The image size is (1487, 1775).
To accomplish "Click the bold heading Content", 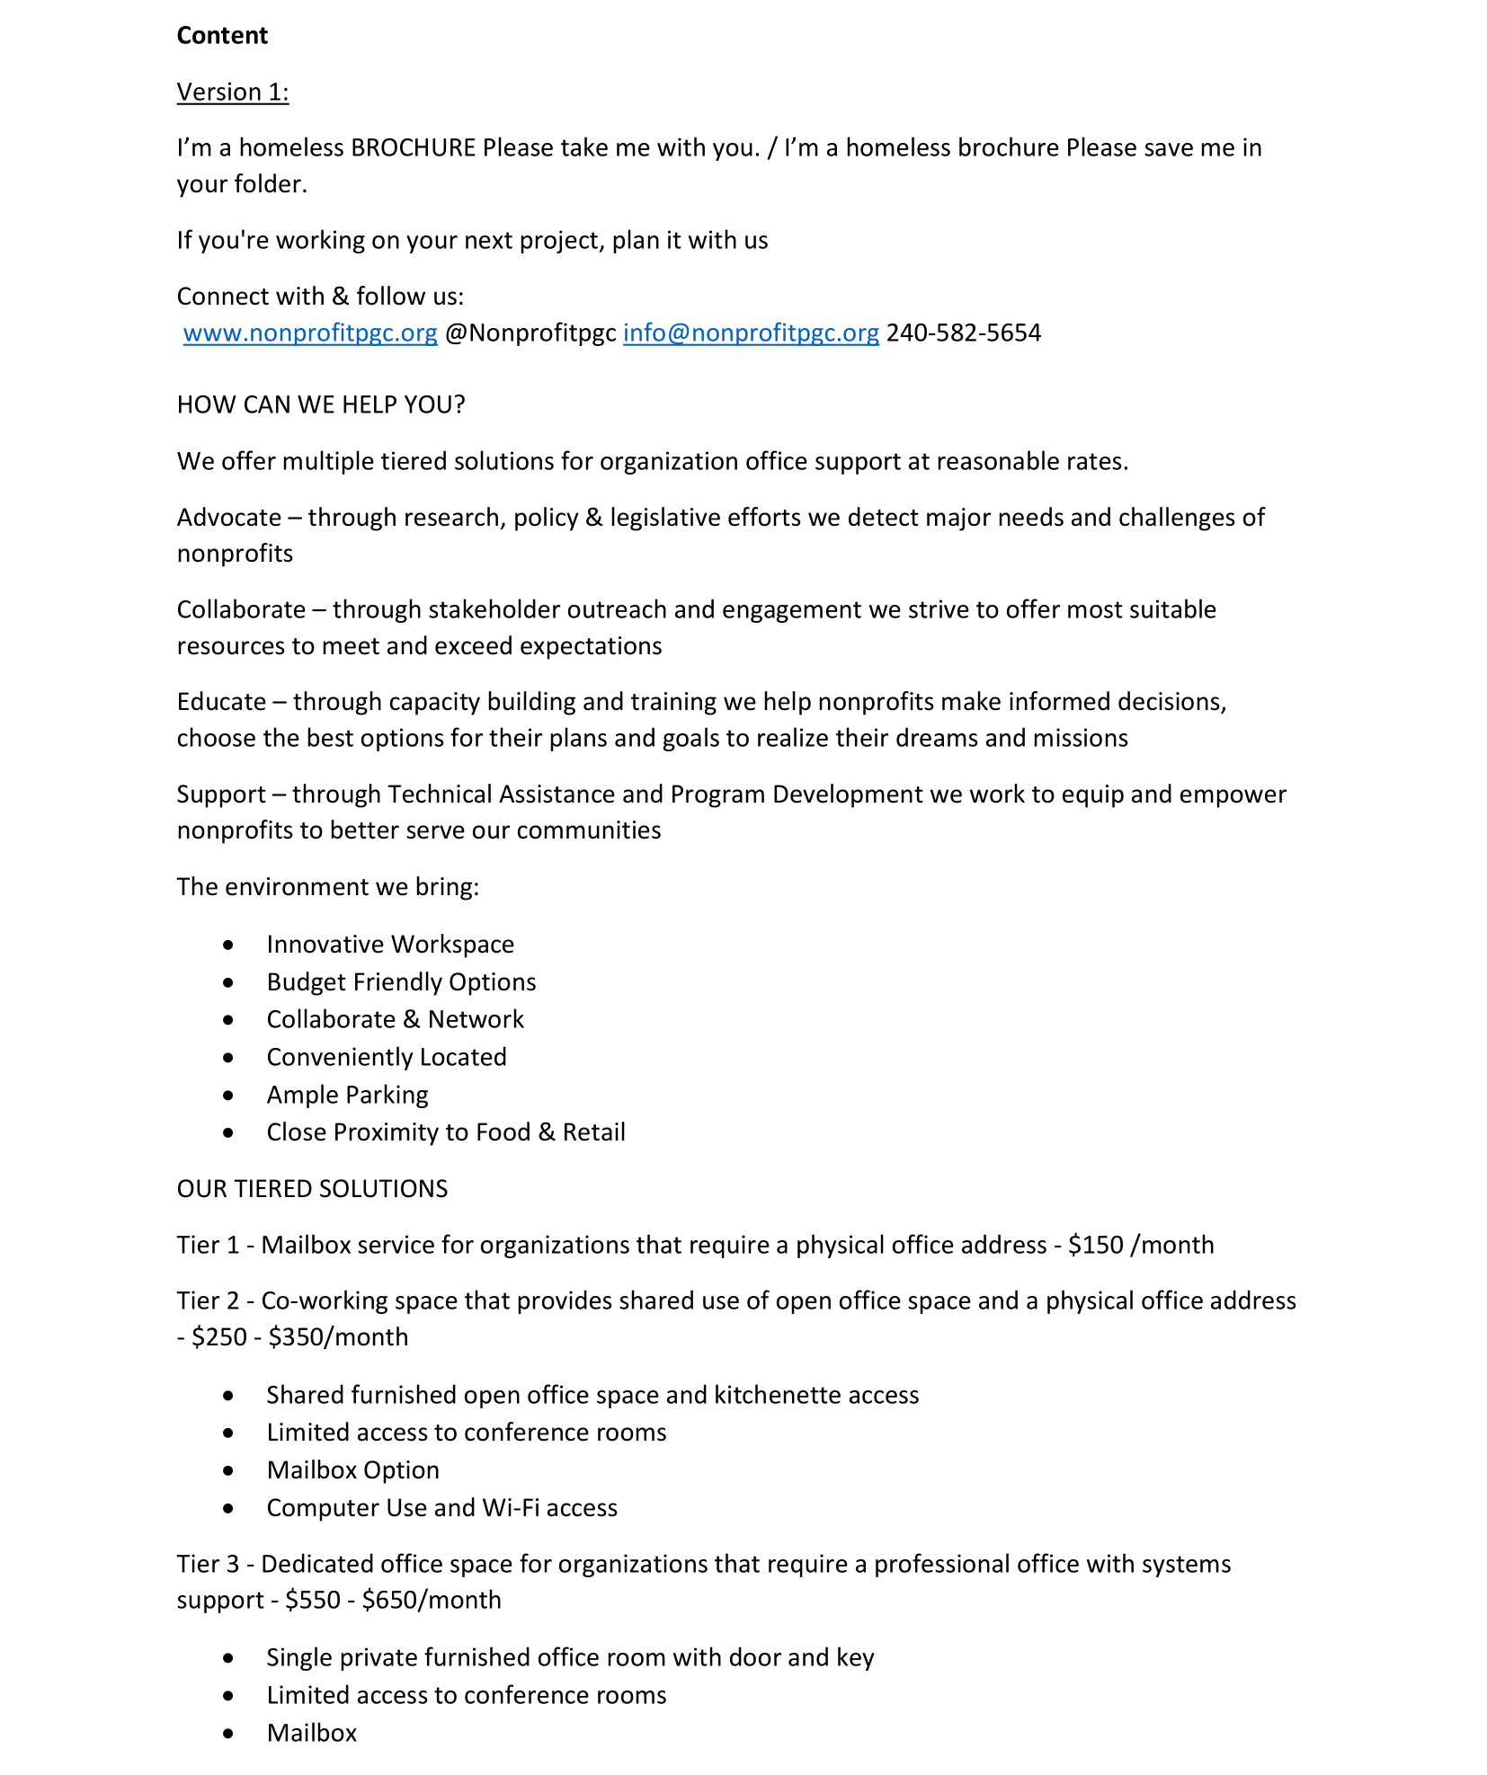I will point(222,35).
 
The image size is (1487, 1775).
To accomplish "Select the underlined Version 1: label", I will point(232,92).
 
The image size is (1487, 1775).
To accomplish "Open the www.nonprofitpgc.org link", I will point(310,333).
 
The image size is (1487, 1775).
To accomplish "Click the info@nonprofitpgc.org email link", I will point(751,333).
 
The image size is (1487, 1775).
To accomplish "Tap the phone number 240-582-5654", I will point(964,333).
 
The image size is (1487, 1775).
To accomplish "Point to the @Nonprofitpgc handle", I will point(530,333).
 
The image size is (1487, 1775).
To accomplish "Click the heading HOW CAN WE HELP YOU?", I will point(321,404).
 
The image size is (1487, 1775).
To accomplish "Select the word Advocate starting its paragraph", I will point(229,518).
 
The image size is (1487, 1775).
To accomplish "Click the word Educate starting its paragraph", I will point(221,702).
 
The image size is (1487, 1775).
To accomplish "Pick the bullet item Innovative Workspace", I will point(390,945).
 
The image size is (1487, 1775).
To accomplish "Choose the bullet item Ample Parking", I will point(347,1095).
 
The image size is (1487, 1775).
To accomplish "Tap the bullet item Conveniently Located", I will point(387,1057).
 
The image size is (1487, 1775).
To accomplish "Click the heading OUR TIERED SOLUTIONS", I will point(312,1189).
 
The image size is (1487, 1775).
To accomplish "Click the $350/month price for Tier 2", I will point(338,1337).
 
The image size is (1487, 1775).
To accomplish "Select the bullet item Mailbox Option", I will point(352,1470).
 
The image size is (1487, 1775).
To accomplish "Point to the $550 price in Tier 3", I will point(312,1601).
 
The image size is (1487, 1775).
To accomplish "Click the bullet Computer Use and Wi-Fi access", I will point(441,1508).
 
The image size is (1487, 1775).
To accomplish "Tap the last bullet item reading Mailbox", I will point(312,1733).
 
